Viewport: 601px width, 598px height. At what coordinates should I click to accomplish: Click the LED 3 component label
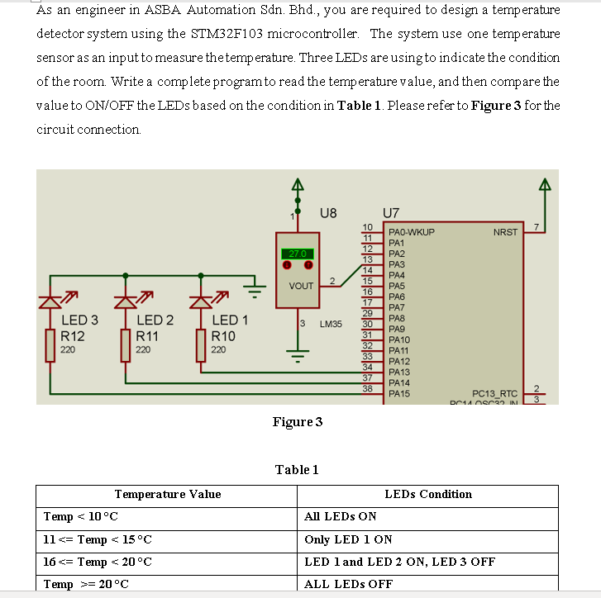tap(79, 320)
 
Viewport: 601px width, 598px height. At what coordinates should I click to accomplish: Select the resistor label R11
tap(146, 336)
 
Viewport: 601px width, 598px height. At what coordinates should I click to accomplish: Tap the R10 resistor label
tap(223, 336)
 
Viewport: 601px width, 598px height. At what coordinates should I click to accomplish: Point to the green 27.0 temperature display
tap(298, 254)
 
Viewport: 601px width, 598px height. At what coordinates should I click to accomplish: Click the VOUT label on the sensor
tap(301, 286)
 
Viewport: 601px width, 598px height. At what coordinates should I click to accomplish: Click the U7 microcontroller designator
tap(391, 212)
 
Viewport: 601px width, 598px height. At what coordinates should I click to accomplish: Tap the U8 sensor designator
tap(327, 212)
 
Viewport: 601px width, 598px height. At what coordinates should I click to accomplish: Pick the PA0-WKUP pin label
tap(411, 233)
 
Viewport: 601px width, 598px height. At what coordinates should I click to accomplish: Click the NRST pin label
tap(505, 233)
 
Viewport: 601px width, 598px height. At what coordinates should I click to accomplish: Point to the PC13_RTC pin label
tap(494, 393)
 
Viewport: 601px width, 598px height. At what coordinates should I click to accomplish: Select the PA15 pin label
tap(399, 393)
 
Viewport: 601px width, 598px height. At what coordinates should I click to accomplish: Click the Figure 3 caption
tap(298, 422)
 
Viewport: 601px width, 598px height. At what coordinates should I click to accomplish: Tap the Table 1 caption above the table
tap(297, 469)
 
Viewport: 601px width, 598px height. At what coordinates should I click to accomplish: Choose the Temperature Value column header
tap(167, 494)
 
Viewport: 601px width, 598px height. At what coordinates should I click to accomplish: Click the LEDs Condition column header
tap(428, 494)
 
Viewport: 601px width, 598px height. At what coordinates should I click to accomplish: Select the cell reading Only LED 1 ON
tap(348, 539)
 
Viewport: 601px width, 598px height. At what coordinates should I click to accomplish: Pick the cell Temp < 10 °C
tap(81, 516)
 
